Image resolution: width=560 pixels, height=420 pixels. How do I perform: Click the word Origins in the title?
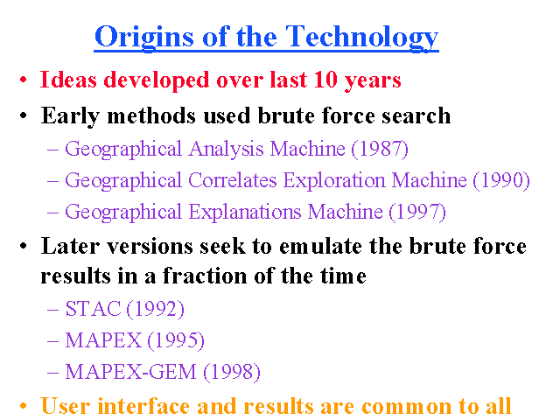[x=143, y=38]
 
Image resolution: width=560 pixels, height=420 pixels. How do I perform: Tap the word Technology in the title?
[x=361, y=38]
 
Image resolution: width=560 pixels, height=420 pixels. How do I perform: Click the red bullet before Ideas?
[x=24, y=80]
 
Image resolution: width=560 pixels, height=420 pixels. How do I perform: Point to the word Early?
[x=70, y=116]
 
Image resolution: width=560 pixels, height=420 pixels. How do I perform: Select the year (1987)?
[x=380, y=149]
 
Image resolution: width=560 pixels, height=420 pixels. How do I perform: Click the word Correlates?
[x=233, y=180]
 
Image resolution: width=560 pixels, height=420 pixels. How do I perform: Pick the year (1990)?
[x=501, y=181]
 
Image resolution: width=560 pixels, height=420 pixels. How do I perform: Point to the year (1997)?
[x=417, y=212]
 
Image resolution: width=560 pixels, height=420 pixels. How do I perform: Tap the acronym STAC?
[x=94, y=309]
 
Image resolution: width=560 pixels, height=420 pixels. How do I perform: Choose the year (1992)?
[x=156, y=309]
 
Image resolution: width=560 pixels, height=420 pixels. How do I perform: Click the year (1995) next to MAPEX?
[x=176, y=340]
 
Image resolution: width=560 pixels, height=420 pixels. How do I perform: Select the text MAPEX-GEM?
[x=130, y=372]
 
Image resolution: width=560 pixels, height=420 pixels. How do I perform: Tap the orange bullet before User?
[x=24, y=406]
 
